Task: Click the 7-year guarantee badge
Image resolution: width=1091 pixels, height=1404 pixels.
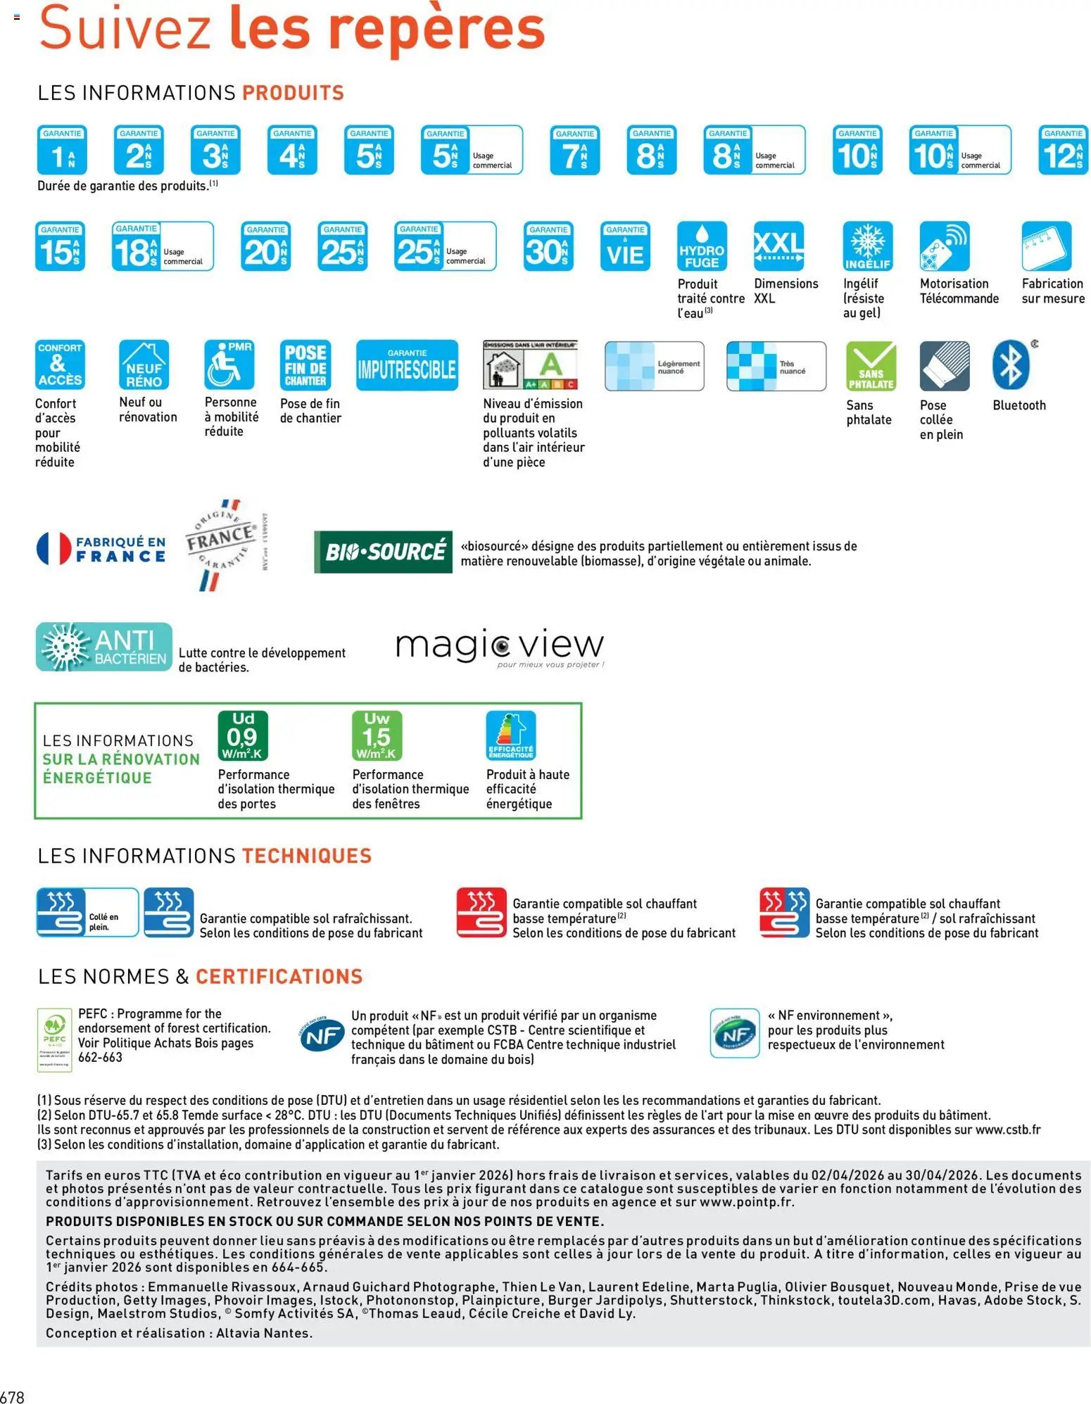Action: [574, 150]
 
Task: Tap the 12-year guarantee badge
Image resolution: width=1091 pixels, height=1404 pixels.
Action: [1063, 150]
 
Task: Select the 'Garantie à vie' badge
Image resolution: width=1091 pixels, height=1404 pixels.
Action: [625, 246]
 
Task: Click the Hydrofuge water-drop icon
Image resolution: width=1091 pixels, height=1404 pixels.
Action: [702, 246]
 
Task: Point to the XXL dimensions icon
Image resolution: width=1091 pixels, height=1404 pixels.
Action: [778, 246]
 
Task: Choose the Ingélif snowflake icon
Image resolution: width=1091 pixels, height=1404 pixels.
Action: [868, 246]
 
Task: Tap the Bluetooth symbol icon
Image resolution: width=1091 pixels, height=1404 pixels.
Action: [1011, 365]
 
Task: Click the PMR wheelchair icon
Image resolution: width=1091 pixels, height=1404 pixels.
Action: [229, 365]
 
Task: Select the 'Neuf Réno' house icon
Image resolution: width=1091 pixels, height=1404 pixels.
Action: [144, 365]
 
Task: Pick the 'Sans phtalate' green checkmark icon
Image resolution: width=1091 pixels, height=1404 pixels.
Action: [871, 366]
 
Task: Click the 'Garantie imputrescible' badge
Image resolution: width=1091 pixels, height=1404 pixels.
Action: [407, 365]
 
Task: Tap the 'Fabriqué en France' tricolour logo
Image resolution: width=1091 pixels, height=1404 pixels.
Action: [101, 549]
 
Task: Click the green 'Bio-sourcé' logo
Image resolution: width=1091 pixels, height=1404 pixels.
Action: [383, 552]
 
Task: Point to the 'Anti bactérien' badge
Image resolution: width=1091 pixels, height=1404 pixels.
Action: [104, 647]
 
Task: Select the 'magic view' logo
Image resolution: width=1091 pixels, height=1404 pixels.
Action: [499, 647]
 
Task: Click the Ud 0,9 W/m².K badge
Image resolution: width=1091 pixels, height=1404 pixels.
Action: [242, 735]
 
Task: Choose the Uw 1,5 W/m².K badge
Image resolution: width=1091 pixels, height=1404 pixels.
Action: [377, 735]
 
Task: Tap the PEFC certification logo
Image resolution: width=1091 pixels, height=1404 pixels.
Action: [54, 1039]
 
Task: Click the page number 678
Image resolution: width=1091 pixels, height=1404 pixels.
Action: [13, 1396]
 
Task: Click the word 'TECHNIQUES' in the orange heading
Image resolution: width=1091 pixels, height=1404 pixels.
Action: [307, 856]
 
